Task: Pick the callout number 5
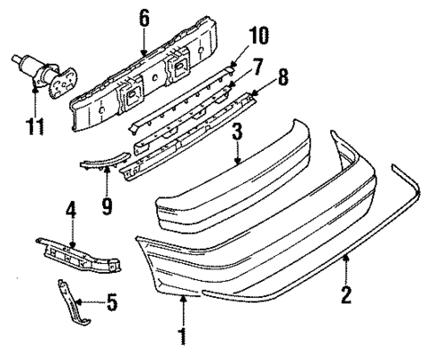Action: [111, 303]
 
